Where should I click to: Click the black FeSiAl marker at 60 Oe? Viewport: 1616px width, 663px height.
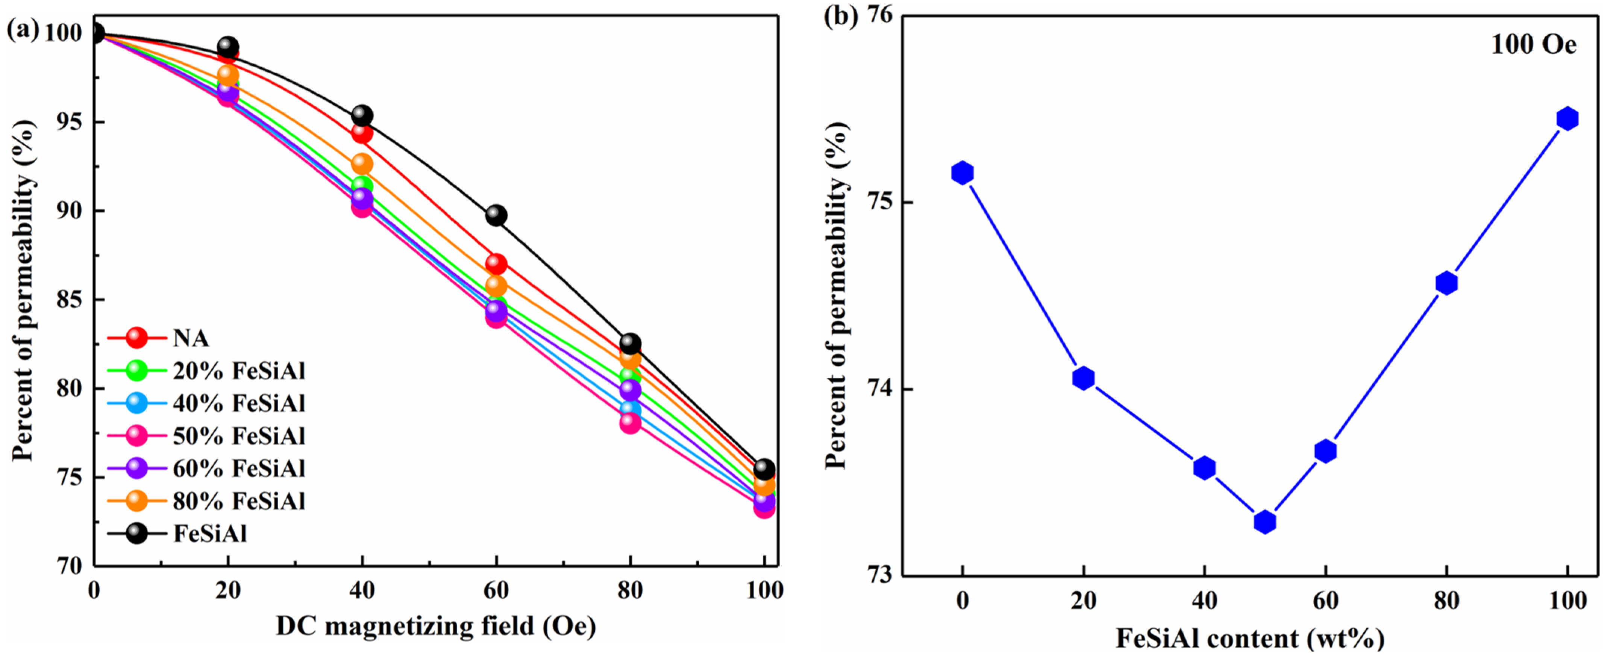pyautogui.click(x=496, y=215)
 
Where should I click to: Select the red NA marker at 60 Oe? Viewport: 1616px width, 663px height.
pyautogui.click(x=496, y=263)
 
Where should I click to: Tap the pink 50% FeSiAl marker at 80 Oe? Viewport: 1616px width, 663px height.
pyautogui.click(x=630, y=423)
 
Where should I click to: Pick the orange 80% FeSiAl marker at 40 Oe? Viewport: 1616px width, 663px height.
pyautogui.click(x=362, y=164)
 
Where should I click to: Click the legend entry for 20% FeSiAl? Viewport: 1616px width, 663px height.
pyautogui.click(x=238, y=371)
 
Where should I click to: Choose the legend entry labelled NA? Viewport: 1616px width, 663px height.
pyautogui.click(x=190, y=338)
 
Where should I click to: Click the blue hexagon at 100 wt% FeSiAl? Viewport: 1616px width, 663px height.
pyautogui.click(x=1567, y=118)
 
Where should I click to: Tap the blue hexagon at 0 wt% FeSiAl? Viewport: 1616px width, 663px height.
pyautogui.click(x=962, y=173)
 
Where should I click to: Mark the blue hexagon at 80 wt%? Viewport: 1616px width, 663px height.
pyautogui.click(x=1446, y=283)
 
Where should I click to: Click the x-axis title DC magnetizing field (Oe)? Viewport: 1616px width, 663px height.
pyautogui.click(x=435, y=626)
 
